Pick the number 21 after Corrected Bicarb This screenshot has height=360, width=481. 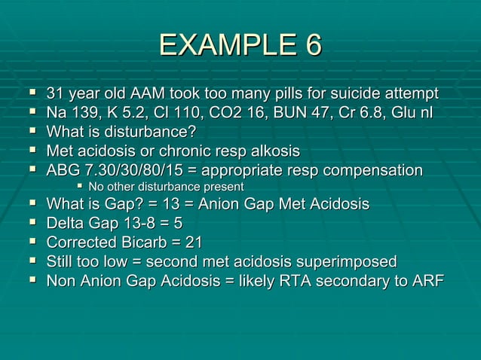click(x=192, y=243)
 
